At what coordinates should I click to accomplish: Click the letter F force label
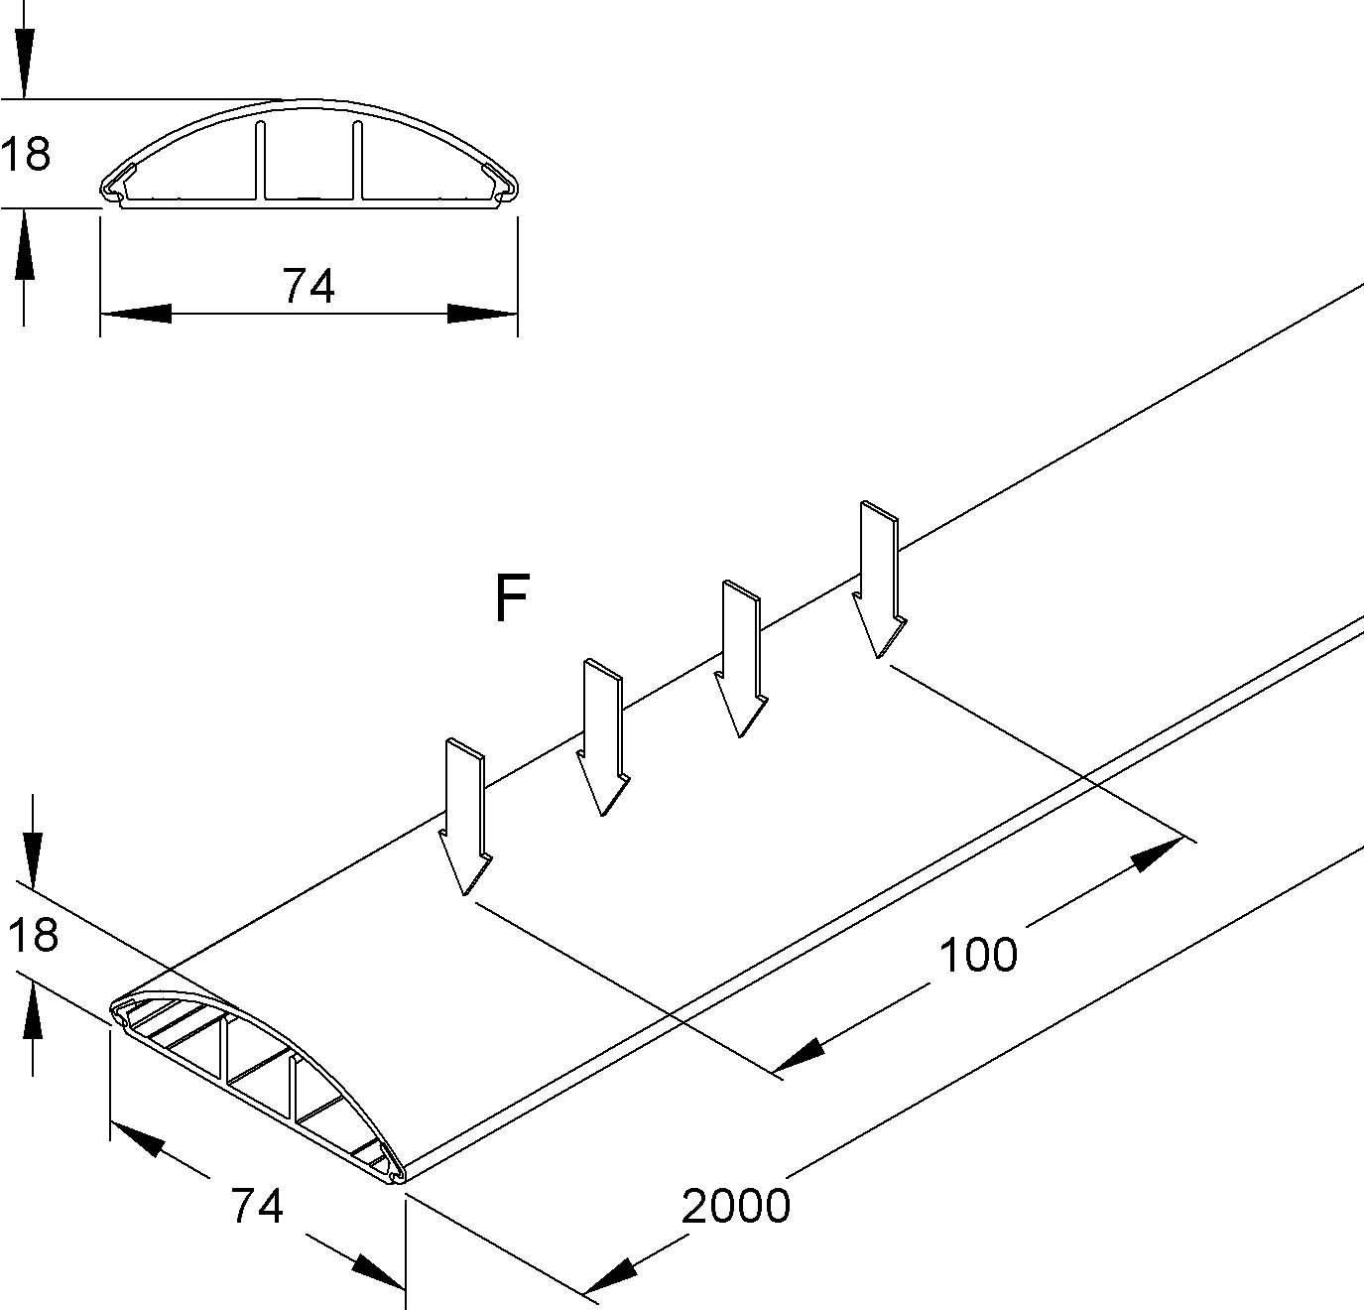(x=512, y=598)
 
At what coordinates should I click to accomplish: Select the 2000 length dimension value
(x=736, y=1206)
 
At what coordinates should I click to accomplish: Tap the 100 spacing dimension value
(x=978, y=955)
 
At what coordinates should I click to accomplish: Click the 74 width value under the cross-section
(x=309, y=287)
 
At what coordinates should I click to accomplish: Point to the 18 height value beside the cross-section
(x=26, y=155)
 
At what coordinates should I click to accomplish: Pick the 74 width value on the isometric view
(x=257, y=1206)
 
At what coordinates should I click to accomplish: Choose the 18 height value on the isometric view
(x=32, y=935)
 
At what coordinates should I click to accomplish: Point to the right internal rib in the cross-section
(x=356, y=159)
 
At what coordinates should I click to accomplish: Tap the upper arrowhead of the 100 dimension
(x=1159, y=853)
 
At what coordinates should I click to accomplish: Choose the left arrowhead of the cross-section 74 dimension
(x=136, y=314)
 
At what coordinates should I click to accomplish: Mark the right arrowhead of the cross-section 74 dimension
(x=482, y=314)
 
